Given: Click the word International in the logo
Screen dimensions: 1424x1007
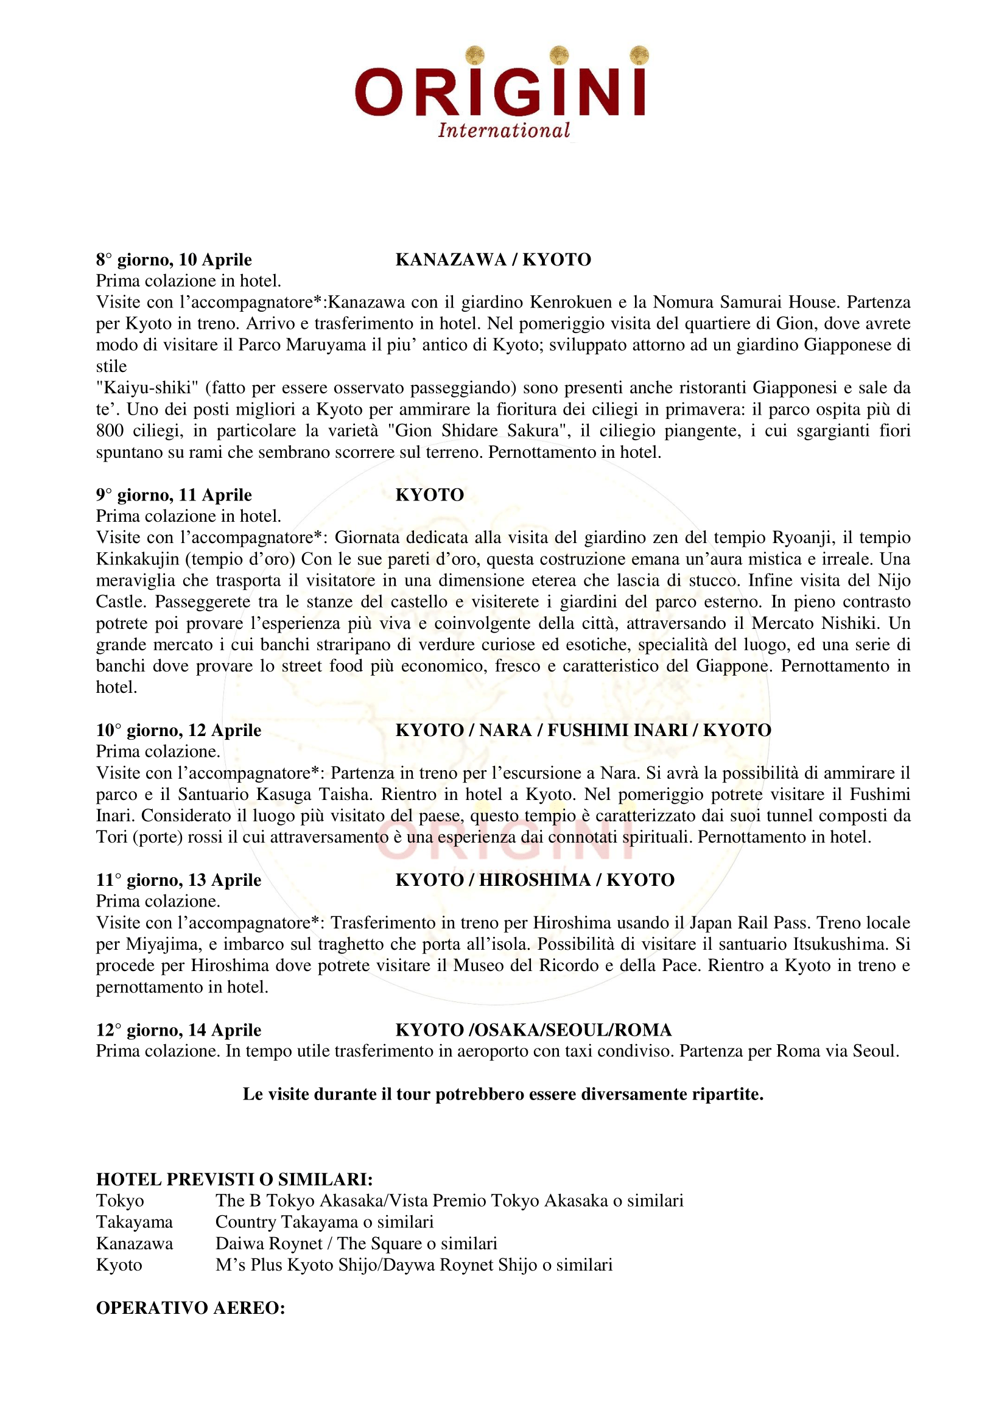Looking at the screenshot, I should click(503, 130).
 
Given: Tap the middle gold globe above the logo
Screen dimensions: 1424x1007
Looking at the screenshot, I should click(560, 55).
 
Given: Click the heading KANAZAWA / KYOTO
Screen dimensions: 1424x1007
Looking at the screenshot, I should click(493, 259).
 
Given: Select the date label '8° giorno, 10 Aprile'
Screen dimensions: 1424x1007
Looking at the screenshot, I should click(174, 259).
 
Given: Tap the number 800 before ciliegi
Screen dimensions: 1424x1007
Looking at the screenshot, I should click(110, 430).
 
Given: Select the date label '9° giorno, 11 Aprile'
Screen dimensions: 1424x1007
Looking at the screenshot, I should click(174, 494).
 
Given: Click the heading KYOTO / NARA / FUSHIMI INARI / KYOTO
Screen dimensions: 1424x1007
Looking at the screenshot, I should click(583, 730).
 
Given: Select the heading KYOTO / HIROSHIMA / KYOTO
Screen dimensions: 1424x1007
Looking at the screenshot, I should click(535, 880).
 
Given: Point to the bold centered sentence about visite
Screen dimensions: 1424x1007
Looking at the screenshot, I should click(503, 1094).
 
